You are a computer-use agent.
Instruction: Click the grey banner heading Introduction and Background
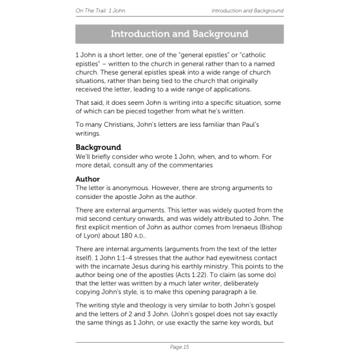point(179,34)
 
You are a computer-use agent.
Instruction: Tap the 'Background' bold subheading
point(98,147)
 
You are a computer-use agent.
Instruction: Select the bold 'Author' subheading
point(88,179)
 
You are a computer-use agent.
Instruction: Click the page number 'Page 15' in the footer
point(179,347)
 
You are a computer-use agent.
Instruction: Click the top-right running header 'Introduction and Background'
point(247,11)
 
